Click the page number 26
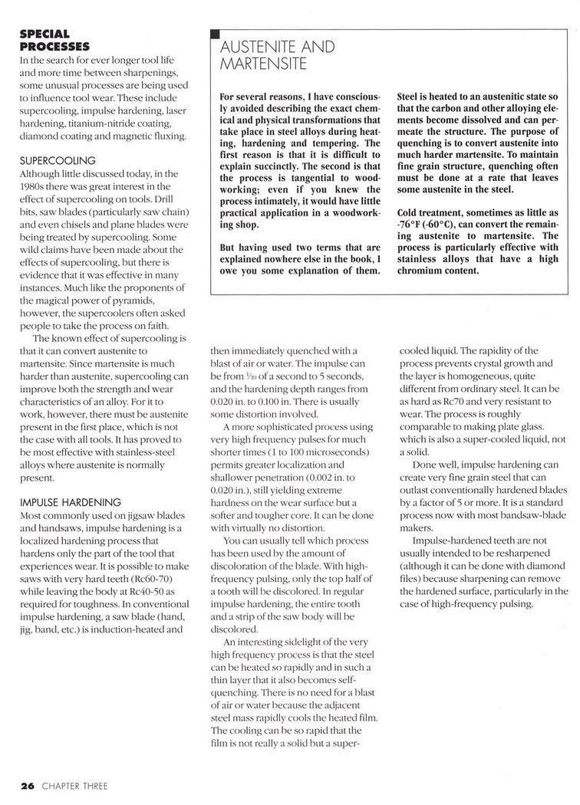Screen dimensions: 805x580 coord(28,786)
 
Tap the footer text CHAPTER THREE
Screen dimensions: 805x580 coord(74,786)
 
